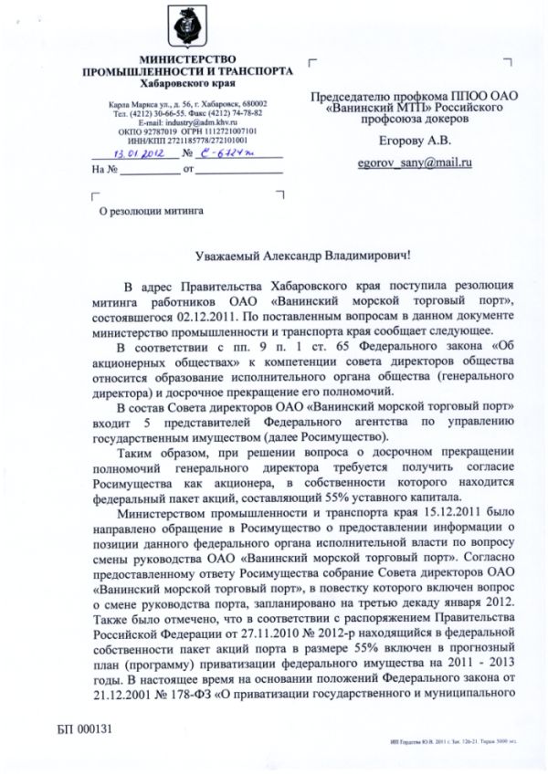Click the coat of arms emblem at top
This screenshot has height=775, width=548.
tap(185, 30)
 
